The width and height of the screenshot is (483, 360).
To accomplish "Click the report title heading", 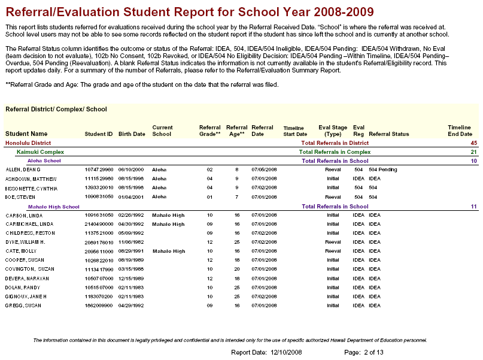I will click(x=190, y=12).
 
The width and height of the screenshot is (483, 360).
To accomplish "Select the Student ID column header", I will click(x=99, y=134).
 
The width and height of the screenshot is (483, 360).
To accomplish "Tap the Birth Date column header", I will click(x=132, y=134).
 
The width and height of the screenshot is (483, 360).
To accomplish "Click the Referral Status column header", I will click(x=389, y=134).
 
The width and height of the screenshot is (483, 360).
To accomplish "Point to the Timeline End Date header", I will click(x=460, y=131).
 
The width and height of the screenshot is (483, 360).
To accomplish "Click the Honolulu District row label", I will click(x=28, y=143).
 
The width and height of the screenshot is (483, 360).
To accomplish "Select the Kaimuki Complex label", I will click(x=40, y=152).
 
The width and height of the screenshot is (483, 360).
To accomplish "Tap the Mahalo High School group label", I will click(x=54, y=207).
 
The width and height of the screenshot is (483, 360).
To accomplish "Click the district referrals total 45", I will click(x=473, y=143).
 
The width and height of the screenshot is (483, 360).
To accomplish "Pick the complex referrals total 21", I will click(x=473, y=152).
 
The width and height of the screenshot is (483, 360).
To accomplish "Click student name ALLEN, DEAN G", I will click(x=24, y=170).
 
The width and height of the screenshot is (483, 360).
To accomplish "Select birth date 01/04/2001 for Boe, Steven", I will click(x=130, y=197).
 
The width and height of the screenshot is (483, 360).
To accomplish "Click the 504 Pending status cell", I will click(x=383, y=170).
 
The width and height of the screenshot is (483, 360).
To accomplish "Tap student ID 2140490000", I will click(x=99, y=224).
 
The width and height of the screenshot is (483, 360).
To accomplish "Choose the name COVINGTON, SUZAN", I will click(x=29, y=269).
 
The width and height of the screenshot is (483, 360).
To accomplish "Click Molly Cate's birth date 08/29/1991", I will click(x=130, y=251).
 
